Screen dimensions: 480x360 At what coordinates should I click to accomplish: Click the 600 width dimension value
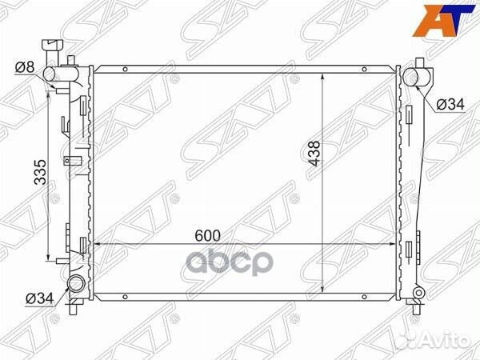click(x=207, y=236)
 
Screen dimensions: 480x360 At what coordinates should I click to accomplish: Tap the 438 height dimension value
click(x=314, y=153)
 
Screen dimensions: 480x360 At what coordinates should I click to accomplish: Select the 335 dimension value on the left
click(x=40, y=172)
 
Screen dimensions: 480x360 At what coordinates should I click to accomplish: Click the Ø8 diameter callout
click(x=25, y=67)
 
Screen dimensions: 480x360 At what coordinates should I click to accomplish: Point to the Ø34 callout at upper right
click(x=450, y=105)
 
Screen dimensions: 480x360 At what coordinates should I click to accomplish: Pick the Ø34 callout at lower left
click(x=40, y=298)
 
